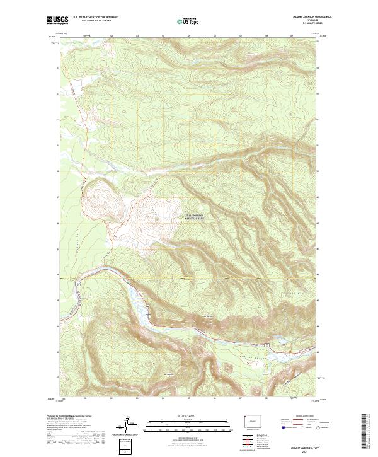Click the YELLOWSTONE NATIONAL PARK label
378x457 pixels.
coord(199,217)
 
